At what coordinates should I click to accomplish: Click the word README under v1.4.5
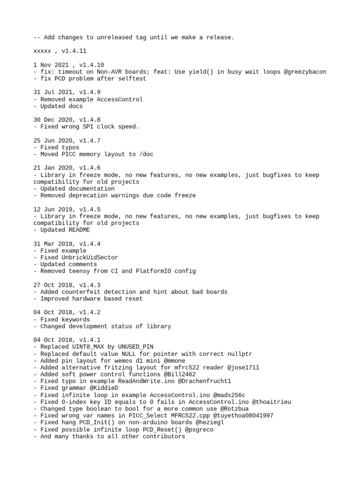click(x=79, y=230)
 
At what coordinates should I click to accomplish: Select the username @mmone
click(x=174, y=360)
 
